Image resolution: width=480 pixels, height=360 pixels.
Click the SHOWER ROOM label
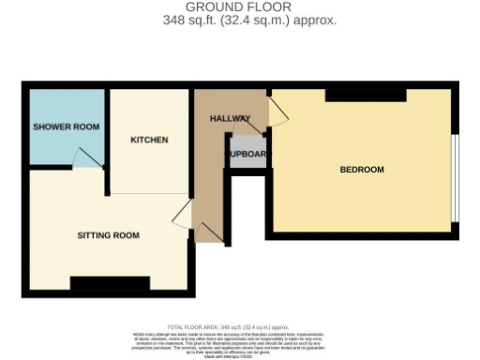(66, 127)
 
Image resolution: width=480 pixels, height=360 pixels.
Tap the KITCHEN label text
(149, 140)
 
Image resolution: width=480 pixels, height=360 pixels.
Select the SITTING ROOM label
(108, 235)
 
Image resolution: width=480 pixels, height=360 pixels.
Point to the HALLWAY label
(229, 119)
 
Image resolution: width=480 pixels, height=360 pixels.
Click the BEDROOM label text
(361, 170)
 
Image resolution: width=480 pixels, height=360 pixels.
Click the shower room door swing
(86, 158)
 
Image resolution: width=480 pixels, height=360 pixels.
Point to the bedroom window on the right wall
(455, 179)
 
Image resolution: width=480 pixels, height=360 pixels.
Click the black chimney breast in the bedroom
(366, 95)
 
